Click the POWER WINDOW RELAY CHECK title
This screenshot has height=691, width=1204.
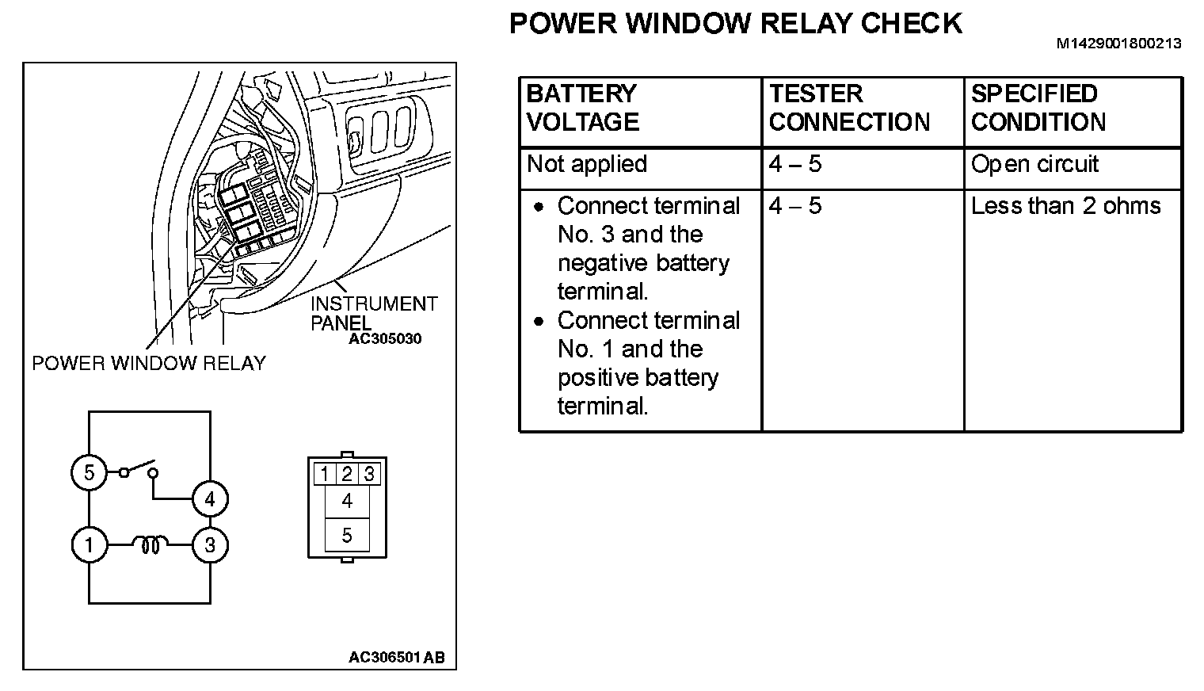[x=735, y=24]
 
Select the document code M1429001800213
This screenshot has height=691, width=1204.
[x=1118, y=44]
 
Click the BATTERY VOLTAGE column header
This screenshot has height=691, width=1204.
[x=582, y=108]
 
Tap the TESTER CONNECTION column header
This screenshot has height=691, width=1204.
[x=849, y=108]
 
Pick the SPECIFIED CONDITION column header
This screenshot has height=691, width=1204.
[x=1038, y=108]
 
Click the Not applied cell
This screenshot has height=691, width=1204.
[x=587, y=164]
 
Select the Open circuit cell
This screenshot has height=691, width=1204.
[x=1034, y=164]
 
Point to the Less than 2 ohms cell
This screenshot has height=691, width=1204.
[x=1065, y=206]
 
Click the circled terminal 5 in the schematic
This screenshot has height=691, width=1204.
[x=89, y=473]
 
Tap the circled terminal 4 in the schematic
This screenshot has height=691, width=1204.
[x=210, y=499]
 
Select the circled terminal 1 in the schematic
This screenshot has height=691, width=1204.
[x=89, y=545]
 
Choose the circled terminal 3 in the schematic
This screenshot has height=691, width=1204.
[x=210, y=545]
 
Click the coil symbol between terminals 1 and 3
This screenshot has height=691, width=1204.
[x=150, y=544]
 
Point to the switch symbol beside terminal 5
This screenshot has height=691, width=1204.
[x=138, y=471]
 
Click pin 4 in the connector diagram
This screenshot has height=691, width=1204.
[x=347, y=501]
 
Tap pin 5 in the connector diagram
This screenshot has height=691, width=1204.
[x=347, y=536]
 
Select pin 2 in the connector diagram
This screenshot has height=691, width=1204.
[x=347, y=475]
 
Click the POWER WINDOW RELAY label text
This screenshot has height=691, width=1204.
[x=149, y=364]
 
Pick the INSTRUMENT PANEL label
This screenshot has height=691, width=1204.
[x=373, y=313]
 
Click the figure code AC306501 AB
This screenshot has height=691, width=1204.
[x=396, y=658]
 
